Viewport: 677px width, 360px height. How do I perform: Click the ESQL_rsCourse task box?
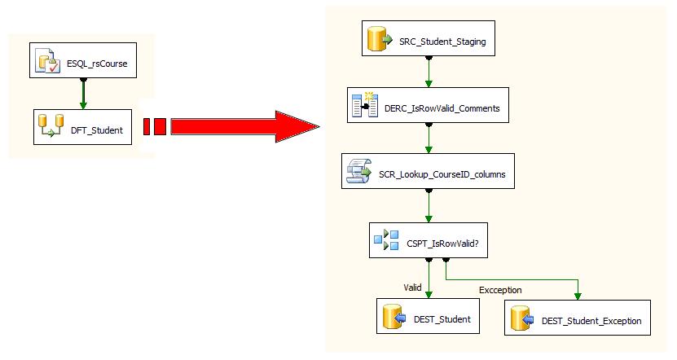point(83,62)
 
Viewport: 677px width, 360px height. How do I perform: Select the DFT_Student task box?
point(83,129)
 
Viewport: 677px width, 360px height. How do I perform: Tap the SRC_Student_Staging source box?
point(429,41)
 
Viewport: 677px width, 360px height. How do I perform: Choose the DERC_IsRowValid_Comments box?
point(429,107)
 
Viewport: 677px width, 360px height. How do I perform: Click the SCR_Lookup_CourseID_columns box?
point(429,173)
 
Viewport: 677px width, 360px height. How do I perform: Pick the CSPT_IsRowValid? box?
point(429,240)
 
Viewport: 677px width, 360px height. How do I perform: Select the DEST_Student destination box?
point(429,318)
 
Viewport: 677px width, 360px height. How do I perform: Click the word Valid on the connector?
point(413,287)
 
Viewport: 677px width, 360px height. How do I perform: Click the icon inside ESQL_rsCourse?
point(46,62)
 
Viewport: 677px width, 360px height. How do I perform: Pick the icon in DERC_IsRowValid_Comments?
point(364,107)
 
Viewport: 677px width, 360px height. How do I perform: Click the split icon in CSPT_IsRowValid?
point(385,240)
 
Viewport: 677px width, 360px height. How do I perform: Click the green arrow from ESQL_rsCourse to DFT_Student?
point(83,94)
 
